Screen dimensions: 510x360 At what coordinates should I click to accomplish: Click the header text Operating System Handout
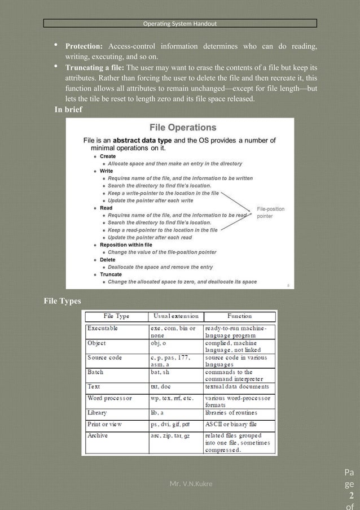pyautogui.click(x=180, y=24)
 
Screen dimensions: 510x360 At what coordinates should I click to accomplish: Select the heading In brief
pyautogui.click(x=68, y=110)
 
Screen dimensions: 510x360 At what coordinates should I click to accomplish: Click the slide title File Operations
pyautogui.click(x=182, y=128)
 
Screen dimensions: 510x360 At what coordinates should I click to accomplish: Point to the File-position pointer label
pyautogui.click(x=271, y=212)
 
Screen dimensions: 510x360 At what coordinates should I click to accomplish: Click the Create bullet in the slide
pyautogui.click(x=108, y=156)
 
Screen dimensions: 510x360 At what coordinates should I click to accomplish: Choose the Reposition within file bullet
pyautogui.click(x=126, y=245)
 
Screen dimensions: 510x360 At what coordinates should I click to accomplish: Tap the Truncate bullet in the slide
pyautogui.click(x=111, y=274)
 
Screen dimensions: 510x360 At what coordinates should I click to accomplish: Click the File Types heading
pyautogui.click(x=62, y=301)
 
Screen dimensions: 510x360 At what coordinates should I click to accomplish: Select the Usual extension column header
pyautogui.click(x=175, y=316)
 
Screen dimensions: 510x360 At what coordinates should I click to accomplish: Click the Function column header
pyautogui.click(x=239, y=316)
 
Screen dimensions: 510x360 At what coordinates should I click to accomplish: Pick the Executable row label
pyautogui.click(x=103, y=328)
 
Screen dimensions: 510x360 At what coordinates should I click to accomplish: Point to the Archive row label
pyautogui.click(x=98, y=435)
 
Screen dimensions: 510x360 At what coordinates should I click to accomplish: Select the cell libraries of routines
pyautogui.click(x=232, y=413)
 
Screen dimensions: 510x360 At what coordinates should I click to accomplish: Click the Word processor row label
pyautogui.click(x=109, y=398)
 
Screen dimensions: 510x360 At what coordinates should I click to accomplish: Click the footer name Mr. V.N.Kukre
pyautogui.click(x=191, y=483)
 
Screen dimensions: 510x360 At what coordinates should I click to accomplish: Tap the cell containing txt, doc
pyautogui.click(x=161, y=387)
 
